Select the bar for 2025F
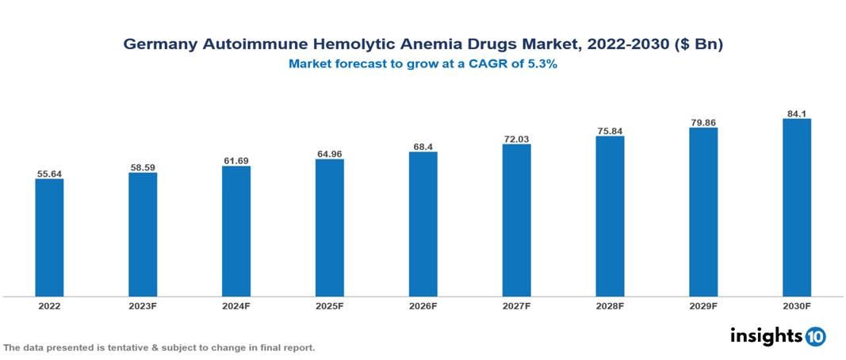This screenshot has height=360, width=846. tap(329, 228)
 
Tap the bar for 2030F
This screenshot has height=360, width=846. tap(796, 208)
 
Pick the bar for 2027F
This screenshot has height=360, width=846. tap(516, 220)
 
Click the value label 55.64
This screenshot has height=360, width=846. tap(49, 173)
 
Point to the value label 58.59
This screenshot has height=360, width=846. tap(143, 167)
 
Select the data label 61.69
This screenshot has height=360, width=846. tap(236, 161)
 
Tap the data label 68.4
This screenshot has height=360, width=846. tap(423, 146)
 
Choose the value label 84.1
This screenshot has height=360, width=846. tap(796, 113)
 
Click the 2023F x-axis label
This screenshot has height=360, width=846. tap(143, 305)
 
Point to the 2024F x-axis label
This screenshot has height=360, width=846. tap(236, 305)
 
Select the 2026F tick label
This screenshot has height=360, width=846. tap(423, 305)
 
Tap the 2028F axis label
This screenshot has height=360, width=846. tap(610, 305)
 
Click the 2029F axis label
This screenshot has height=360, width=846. tap(703, 305)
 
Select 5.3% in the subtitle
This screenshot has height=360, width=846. tap(542, 65)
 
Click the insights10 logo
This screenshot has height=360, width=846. tap(777, 336)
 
